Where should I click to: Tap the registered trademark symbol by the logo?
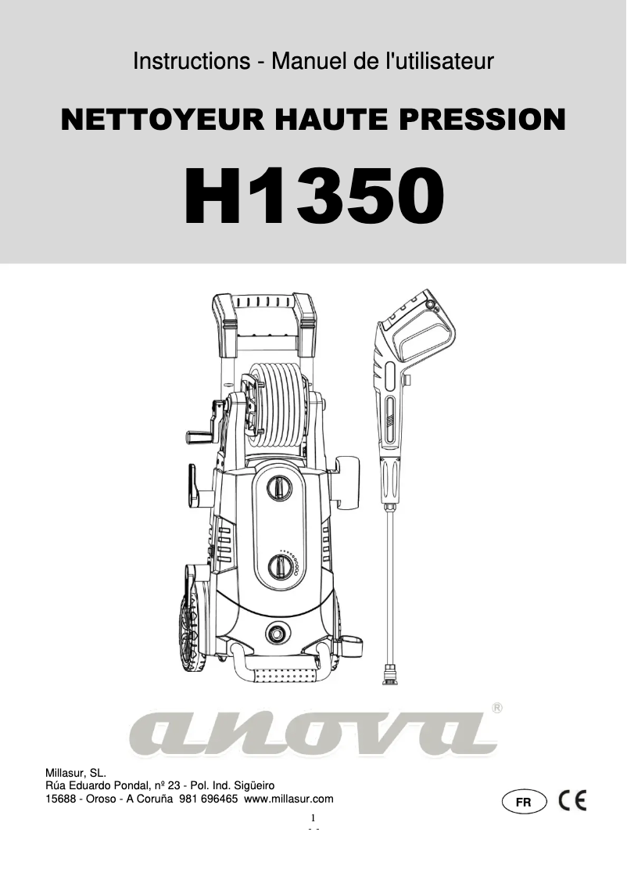(x=497, y=708)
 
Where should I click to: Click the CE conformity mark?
(x=572, y=801)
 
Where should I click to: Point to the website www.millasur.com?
(x=289, y=799)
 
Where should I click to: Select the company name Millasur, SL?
(x=81, y=772)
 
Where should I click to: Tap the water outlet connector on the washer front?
(x=276, y=631)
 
